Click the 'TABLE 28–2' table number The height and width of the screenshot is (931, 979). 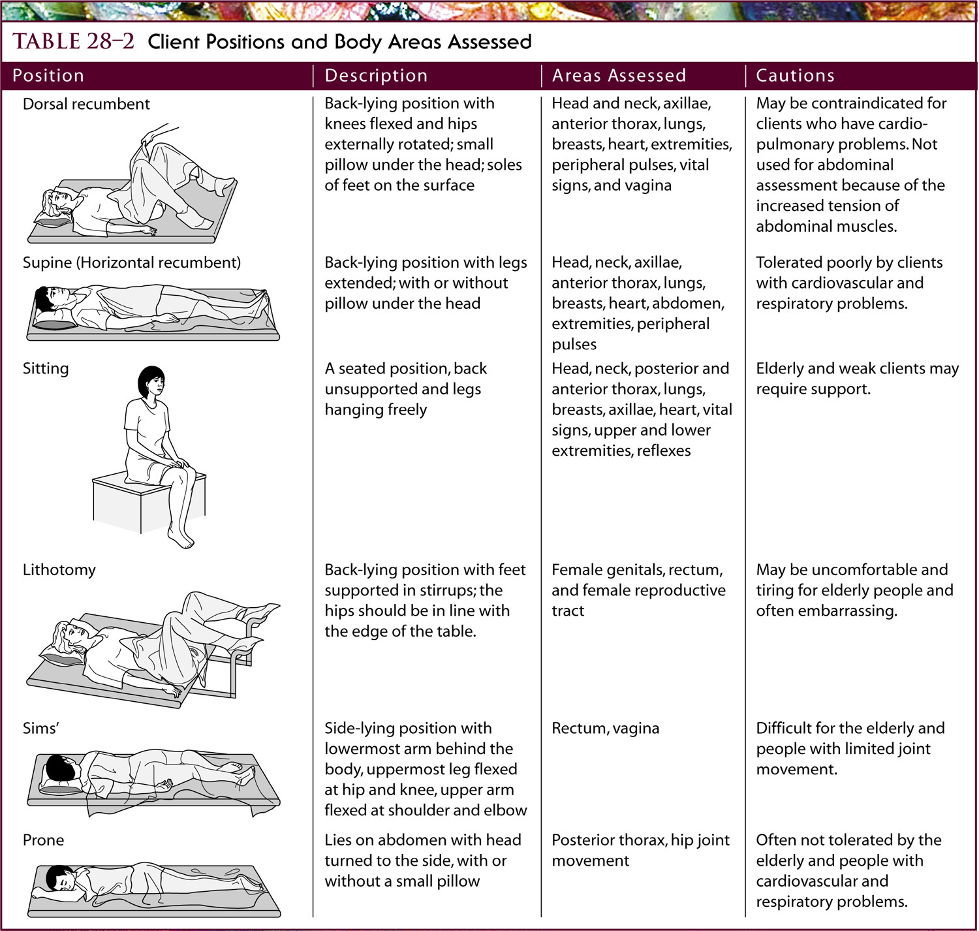point(73,42)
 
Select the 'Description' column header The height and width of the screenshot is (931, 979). point(376,76)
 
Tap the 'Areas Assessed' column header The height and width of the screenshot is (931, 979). point(619,76)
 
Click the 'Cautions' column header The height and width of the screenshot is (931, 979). point(795,76)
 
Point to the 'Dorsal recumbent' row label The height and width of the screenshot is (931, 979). point(86,104)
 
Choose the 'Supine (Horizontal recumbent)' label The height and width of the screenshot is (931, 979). point(131,262)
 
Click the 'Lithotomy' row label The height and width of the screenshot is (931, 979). point(59,570)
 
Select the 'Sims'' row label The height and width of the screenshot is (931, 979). point(40,728)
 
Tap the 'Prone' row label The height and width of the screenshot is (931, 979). point(43,840)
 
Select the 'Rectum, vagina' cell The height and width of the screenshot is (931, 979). point(605,728)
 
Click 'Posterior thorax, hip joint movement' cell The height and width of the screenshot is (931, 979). point(640,850)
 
